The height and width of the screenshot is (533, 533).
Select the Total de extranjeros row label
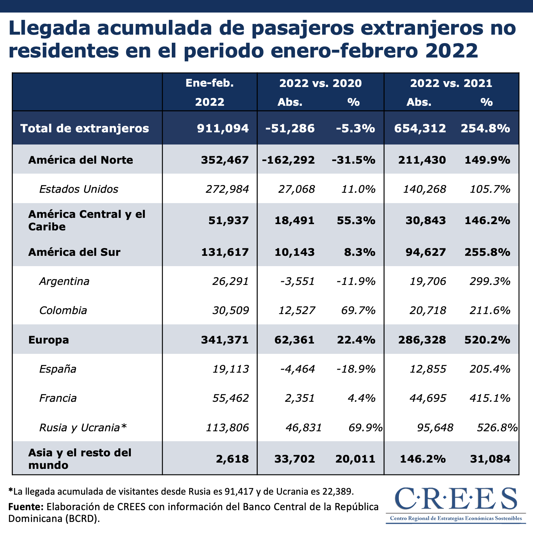coord(85,128)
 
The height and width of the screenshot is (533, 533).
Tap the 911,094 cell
coord(223,128)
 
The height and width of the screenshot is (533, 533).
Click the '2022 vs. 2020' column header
coord(320,83)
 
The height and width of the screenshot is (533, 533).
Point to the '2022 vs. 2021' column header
coord(451,83)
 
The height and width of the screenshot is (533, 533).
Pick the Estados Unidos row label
coord(79,189)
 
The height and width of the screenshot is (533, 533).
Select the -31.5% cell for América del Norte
coord(353,160)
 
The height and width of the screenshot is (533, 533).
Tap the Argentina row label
coord(64,281)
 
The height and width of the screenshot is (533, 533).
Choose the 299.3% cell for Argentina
coord(490,281)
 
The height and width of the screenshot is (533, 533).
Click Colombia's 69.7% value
coord(358,310)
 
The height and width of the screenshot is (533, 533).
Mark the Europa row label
coord(49,339)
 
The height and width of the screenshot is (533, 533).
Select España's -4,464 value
coord(297,369)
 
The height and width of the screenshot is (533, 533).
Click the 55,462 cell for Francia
coord(230,398)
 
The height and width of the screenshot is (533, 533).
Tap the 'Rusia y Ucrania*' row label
coord(83,428)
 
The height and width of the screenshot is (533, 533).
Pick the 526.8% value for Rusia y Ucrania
coord(497,428)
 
